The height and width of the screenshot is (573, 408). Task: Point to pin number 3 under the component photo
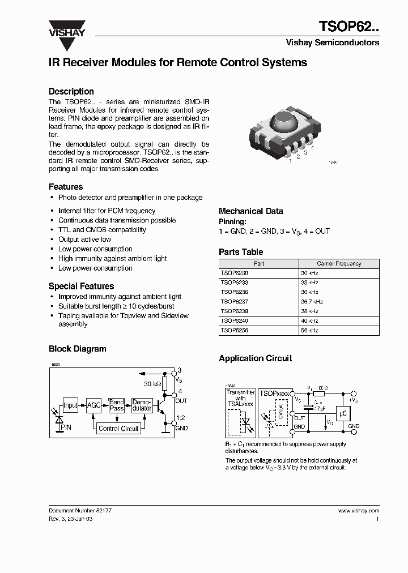[x=305, y=152]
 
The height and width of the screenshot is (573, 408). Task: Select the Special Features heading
[x=81, y=286]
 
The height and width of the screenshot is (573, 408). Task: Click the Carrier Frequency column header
[x=339, y=264]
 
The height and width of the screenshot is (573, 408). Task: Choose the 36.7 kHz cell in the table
[x=312, y=302]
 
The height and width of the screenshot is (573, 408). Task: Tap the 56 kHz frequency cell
[x=309, y=330]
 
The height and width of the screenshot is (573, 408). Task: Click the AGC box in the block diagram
[x=93, y=405]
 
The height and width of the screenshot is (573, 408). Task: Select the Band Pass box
[x=117, y=405]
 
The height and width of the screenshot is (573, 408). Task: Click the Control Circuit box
[x=118, y=429]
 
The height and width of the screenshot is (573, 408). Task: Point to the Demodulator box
[x=142, y=405]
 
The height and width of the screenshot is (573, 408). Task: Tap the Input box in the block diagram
[x=70, y=405]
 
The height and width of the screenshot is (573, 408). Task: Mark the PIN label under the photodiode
[x=66, y=428]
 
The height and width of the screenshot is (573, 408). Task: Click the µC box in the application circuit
[x=343, y=413]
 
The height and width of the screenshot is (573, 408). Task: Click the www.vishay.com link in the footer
[x=359, y=510]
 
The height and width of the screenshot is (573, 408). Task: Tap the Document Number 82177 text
[x=80, y=510]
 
